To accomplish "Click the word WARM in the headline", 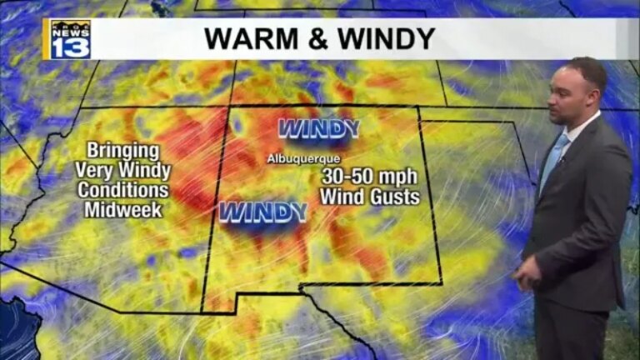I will [x=245, y=38].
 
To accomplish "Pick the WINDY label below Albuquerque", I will [x=262, y=212].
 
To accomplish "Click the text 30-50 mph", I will [x=370, y=177].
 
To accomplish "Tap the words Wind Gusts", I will [x=370, y=197].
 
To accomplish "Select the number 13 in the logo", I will [x=71, y=48].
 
